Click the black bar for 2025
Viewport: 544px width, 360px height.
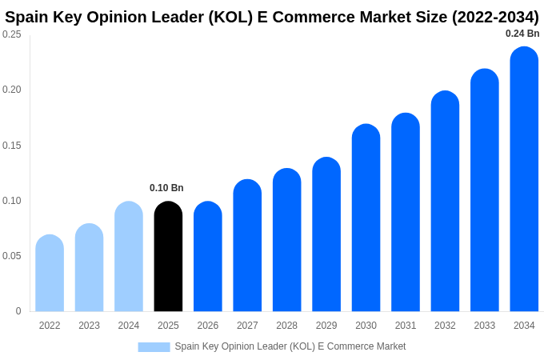[168, 257]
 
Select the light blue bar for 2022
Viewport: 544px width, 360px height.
[50, 274]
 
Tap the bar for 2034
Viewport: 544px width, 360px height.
[524, 179]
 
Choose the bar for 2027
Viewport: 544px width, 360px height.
[247, 246]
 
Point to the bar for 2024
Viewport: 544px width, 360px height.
[129, 257]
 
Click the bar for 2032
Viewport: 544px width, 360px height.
[445, 202]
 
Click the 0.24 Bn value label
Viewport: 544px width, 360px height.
[522, 34]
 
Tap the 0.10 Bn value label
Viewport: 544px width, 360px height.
[166, 188]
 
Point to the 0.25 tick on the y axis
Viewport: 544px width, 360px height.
[12, 34]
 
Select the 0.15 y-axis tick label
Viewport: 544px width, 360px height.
[12, 146]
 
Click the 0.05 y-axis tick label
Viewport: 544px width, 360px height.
[12, 256]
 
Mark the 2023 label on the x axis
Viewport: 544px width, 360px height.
[89, 326]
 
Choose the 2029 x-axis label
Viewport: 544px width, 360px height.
[326, 326]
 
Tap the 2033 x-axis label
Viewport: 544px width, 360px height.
[484, 326]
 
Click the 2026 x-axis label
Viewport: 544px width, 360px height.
[208, 326]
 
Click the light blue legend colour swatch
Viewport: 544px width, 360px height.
[154, 347]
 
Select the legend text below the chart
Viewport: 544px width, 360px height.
[290, 346]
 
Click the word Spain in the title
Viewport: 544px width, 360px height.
[26, 17]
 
